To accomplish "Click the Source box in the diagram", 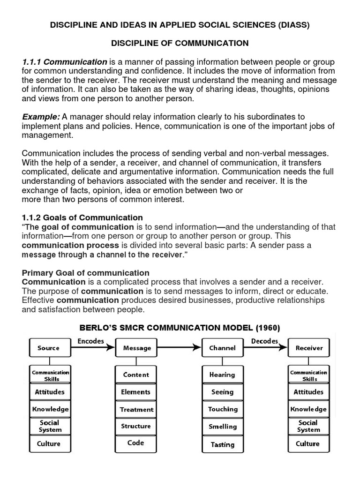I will click(x=49, y=348).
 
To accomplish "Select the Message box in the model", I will click(x=136, y=348).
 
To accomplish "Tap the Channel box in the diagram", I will click(x=223, y=348).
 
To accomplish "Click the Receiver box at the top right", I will click(x=309, y=348).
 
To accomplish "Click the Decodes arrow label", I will click(x=264, y=341).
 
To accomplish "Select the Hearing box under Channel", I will click(x=223, y=375).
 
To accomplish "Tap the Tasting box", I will click(x=223, y=444).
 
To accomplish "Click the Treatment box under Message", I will click(x=136, y=409).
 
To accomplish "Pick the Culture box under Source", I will click(x=49, y=443).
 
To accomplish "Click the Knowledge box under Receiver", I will click(x=308, y=409).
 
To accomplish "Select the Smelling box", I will click(x=223, y=427).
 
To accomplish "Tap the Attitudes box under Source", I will click(x=49, y=392).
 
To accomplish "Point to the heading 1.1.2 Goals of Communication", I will click(x=82, y=217).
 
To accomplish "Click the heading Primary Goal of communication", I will click(x=86, y=273).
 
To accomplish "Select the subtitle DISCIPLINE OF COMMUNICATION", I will click(x=180, y=43).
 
